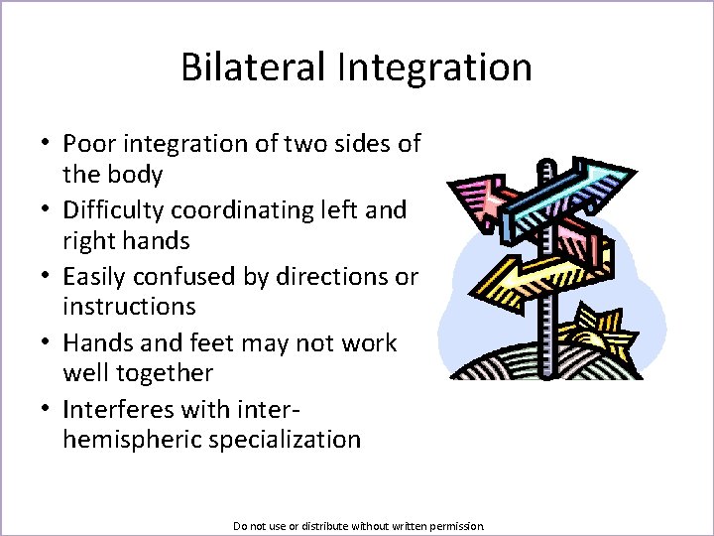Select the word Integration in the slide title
[434, 67]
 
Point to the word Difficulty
[113, 210]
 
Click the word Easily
[95, 277]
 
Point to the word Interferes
[115, 409]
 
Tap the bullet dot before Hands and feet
[47, 343]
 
